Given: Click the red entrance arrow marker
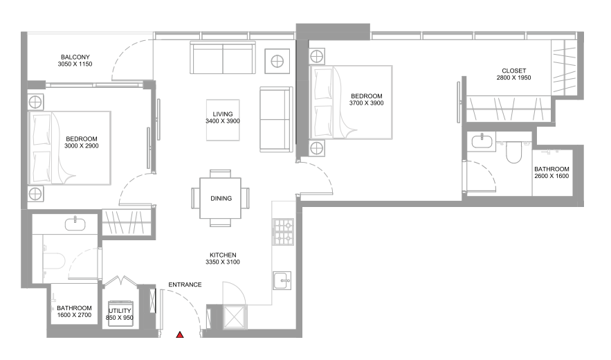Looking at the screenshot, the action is pyautogui.click(x=180, y=334).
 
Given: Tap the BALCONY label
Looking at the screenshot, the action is pyautogui.click(x=75, y=57).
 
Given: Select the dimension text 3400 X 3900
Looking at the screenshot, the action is pyautogui.click(x=223, y=121).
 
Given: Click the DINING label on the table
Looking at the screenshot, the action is pyautogui.click(x=221, y=198).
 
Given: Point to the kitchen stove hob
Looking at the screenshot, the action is pyautogui.click(x=283, y=232).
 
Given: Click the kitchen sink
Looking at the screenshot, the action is pyautogui.click(x=282, y=280).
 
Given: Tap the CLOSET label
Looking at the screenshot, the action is pyautogui.click(x=514, y=71).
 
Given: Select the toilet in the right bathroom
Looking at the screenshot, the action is pyautogui.click(x=513, y=152).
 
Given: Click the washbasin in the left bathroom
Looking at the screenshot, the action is pyautogui.click(x=75, y=224).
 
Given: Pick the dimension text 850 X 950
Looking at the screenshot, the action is pyautogui.click(x=120, y=318).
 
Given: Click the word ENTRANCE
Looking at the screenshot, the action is pyautogui.click(x=185, y=285).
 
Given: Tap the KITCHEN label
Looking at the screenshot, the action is pyautogui.click(x=223, y=255).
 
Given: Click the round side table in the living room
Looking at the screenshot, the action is pyautogui.click(x=277, y=61).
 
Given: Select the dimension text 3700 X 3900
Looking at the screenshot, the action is pyautogui.click(x=366, y=103).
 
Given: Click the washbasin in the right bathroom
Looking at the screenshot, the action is pyautogui.click(x=483, y=141).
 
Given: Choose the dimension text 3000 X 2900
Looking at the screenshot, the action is pyautogui.click(x=82, y=146).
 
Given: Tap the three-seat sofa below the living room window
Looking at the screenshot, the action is pyautogui.click(x=223, y=57).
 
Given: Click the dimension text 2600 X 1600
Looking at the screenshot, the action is pyautogui.click(x=551, y=176).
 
